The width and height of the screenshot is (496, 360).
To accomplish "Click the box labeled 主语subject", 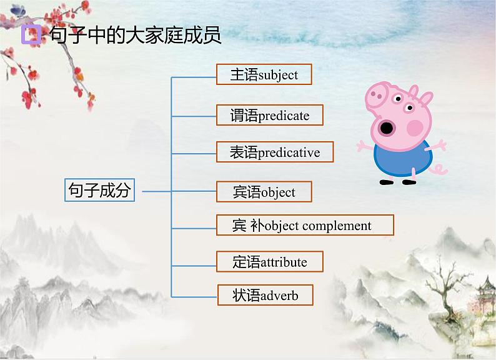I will coord(264,75).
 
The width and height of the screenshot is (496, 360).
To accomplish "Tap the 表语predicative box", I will coord(275,152).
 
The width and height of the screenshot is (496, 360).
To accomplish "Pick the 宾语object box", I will coord(264,192).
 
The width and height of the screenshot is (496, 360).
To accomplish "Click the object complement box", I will coord(305,226).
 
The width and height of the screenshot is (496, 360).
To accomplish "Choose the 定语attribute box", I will coord(269,262).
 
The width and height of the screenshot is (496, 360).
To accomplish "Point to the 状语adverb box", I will coord(265,295).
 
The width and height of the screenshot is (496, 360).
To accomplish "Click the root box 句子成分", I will coord(100,190).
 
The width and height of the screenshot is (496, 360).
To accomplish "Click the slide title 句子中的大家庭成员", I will coord(134,34).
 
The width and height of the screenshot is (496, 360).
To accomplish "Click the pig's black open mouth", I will coord(387,129).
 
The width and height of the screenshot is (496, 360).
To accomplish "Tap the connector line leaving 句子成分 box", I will coord(156,191).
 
